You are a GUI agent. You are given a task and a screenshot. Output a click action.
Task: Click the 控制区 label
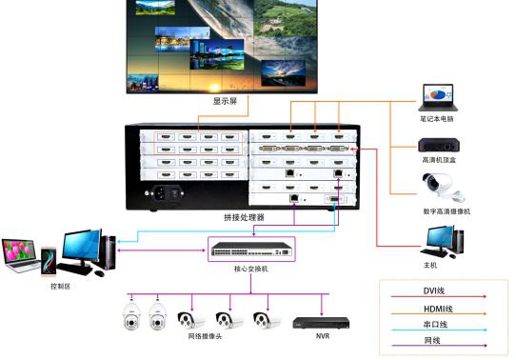[x=60, y=286]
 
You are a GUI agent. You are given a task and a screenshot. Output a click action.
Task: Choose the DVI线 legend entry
[x=436, y=290]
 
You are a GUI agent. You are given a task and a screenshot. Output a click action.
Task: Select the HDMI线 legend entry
[x=437, y=309]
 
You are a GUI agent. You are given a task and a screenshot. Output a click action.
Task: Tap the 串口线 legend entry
[x=436, y=326]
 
